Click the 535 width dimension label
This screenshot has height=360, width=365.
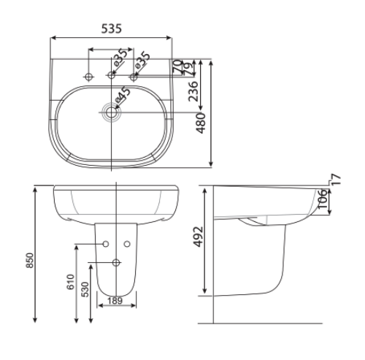click(111, 28)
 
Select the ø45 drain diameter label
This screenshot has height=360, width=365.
click(121, 94)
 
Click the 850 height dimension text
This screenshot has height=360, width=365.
click(30, 261)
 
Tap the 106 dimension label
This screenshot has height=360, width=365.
click(321, 199)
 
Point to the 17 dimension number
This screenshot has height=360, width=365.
click(336, 180)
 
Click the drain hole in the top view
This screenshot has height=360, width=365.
click(112, 112)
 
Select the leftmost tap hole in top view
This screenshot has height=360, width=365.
click(89, 75)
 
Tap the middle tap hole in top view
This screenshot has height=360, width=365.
click(112, 75)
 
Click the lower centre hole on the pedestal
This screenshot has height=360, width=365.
click(115, 262)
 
